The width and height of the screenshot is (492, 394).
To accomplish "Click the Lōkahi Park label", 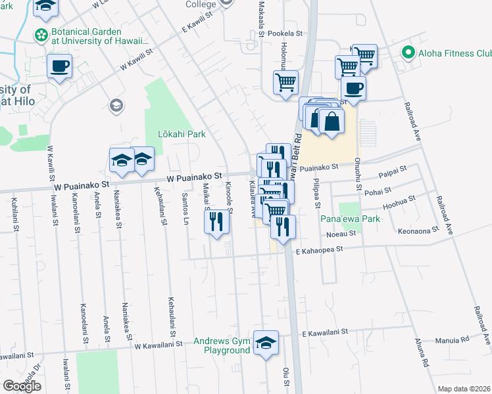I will [182, 135].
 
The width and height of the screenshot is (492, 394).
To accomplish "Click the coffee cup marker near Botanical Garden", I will [59, 66].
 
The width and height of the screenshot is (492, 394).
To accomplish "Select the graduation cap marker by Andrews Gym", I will [266, 343].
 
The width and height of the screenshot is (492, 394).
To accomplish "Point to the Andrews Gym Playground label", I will [222, 345].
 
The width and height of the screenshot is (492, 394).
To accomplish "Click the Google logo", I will [22, 385].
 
